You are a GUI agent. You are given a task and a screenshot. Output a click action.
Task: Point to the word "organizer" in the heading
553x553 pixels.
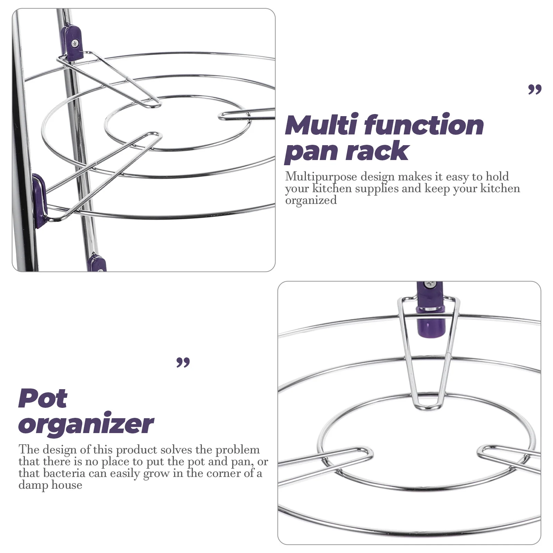86,424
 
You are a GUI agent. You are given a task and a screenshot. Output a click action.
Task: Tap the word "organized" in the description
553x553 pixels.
311,200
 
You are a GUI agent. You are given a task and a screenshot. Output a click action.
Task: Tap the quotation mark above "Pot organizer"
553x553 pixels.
183,363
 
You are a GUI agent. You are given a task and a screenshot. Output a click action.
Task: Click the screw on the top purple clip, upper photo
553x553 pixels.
75,43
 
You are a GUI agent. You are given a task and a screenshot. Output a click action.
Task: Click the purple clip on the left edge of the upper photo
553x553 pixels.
39,200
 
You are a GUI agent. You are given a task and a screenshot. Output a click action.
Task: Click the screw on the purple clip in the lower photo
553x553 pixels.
431,284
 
